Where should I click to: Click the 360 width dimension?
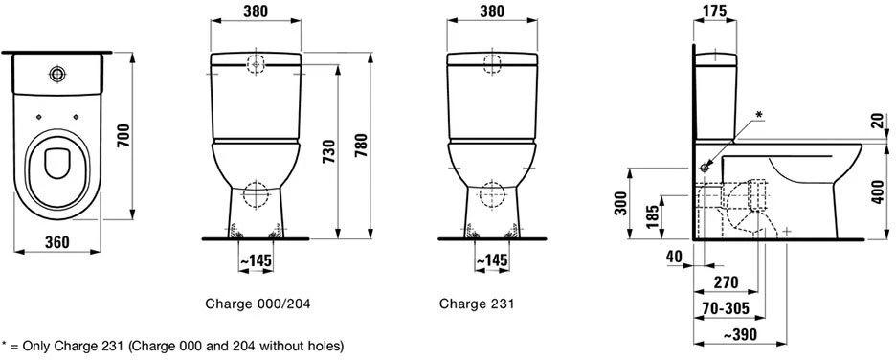[x=57, y=242]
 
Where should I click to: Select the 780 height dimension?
[x=363, y=146]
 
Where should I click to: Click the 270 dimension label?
[x=726, y=282]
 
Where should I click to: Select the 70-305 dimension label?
[x=726, y=309]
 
